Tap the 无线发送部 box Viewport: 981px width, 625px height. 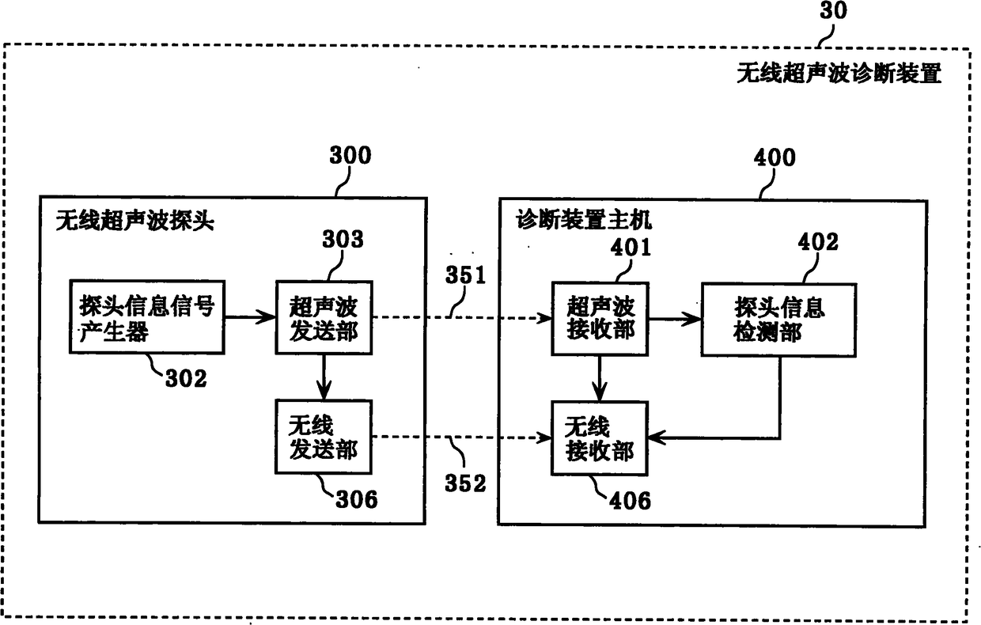(x=324, y=437)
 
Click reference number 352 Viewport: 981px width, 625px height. (x=466, y=483)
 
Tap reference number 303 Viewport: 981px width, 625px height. (x=343, y=239)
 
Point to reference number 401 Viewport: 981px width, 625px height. (x=630, y=247)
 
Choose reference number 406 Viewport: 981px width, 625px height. (x=630, y=500)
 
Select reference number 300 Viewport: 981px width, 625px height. (x=349, y=155)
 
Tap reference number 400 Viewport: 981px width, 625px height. (x=774, y=157)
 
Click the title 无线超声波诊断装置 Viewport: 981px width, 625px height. (x=839, y=74)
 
